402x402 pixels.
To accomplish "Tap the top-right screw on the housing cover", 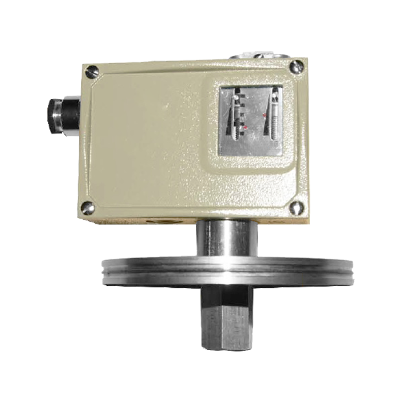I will (x=297, y=64).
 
